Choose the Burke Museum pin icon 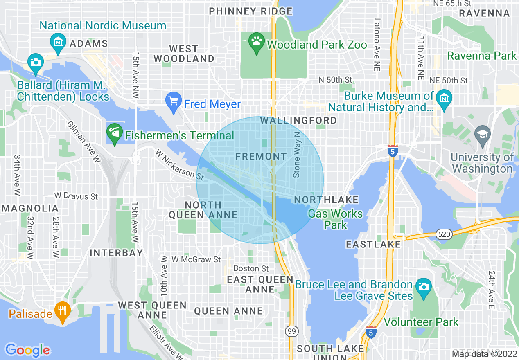pos(444,100)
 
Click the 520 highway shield pos(444,234)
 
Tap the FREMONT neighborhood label pos(261,157)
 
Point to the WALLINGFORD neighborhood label pos(298,120)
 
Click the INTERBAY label pos(116,253)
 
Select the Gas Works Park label pos(335,219)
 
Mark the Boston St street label pos(251,268)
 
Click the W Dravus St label pos(76,196)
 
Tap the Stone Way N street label pos(297,154)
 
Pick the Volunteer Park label pos(421,322)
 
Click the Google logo pos(27,350)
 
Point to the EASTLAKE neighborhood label pos(373,245)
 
